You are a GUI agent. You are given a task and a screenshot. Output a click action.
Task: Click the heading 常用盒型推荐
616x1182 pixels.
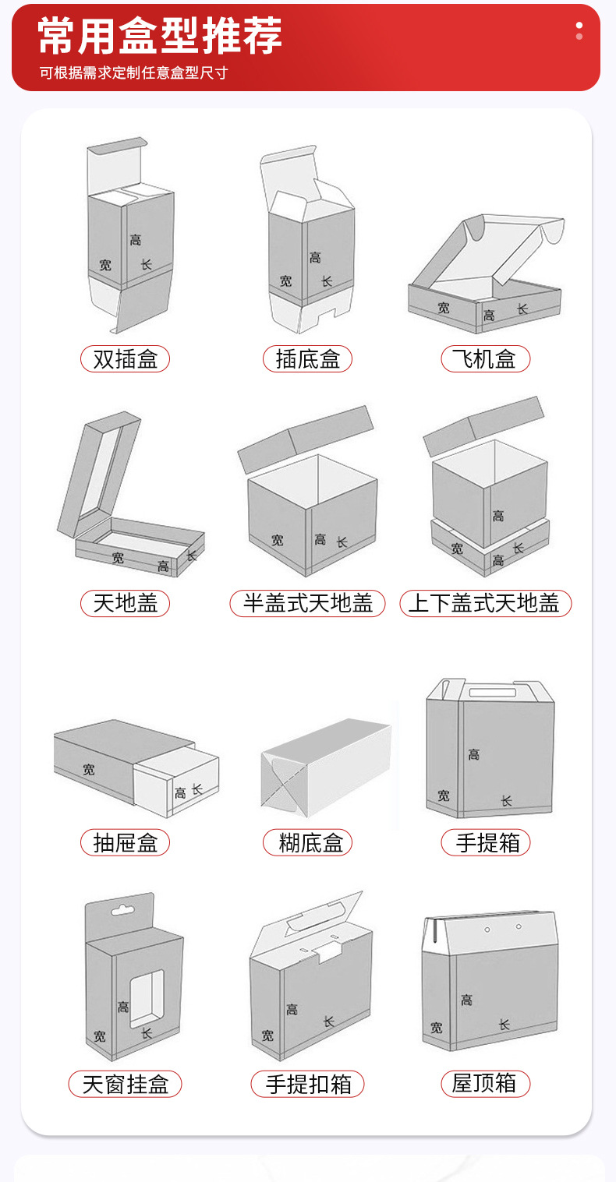point(159,36)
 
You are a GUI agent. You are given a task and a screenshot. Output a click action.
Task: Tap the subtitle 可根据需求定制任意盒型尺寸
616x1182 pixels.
point(133,72)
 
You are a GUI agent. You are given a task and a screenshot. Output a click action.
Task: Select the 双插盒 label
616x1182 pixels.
point(125,359)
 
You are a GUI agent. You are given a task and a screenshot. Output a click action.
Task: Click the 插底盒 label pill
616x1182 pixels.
point(308,359)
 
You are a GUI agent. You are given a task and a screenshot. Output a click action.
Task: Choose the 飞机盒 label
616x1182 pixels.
point(486,359)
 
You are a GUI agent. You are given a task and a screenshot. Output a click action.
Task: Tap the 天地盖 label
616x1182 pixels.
point(125,603)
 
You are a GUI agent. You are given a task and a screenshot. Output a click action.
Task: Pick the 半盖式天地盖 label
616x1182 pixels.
point(308,603)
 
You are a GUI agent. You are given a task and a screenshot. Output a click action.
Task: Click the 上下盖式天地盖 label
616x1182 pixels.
point(486,603)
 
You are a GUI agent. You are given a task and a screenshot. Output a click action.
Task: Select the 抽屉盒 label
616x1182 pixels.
point(125,842)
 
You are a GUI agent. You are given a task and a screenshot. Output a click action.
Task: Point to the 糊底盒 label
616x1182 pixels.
point(308,842)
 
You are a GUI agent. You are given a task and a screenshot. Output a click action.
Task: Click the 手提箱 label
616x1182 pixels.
point(486,842)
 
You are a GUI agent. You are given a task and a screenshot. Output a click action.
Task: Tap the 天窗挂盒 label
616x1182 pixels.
point(125,1084)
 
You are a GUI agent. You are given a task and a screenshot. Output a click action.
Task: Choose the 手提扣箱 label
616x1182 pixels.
point(308,1084)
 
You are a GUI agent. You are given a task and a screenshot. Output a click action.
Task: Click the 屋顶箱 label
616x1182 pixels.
point(486,1084)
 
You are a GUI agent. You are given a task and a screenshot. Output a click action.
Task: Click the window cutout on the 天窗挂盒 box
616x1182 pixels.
point(147,998)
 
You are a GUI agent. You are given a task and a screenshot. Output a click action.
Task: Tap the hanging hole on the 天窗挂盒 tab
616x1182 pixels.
point(122,910)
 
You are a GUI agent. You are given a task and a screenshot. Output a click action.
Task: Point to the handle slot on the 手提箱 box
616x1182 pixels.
point(493,692)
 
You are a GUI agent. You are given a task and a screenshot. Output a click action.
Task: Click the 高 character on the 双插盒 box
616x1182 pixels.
point(136,240)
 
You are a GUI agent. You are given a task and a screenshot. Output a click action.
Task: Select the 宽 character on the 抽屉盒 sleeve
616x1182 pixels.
point(89,769)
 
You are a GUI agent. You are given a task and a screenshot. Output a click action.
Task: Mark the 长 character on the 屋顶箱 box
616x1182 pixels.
point(504,1025)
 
